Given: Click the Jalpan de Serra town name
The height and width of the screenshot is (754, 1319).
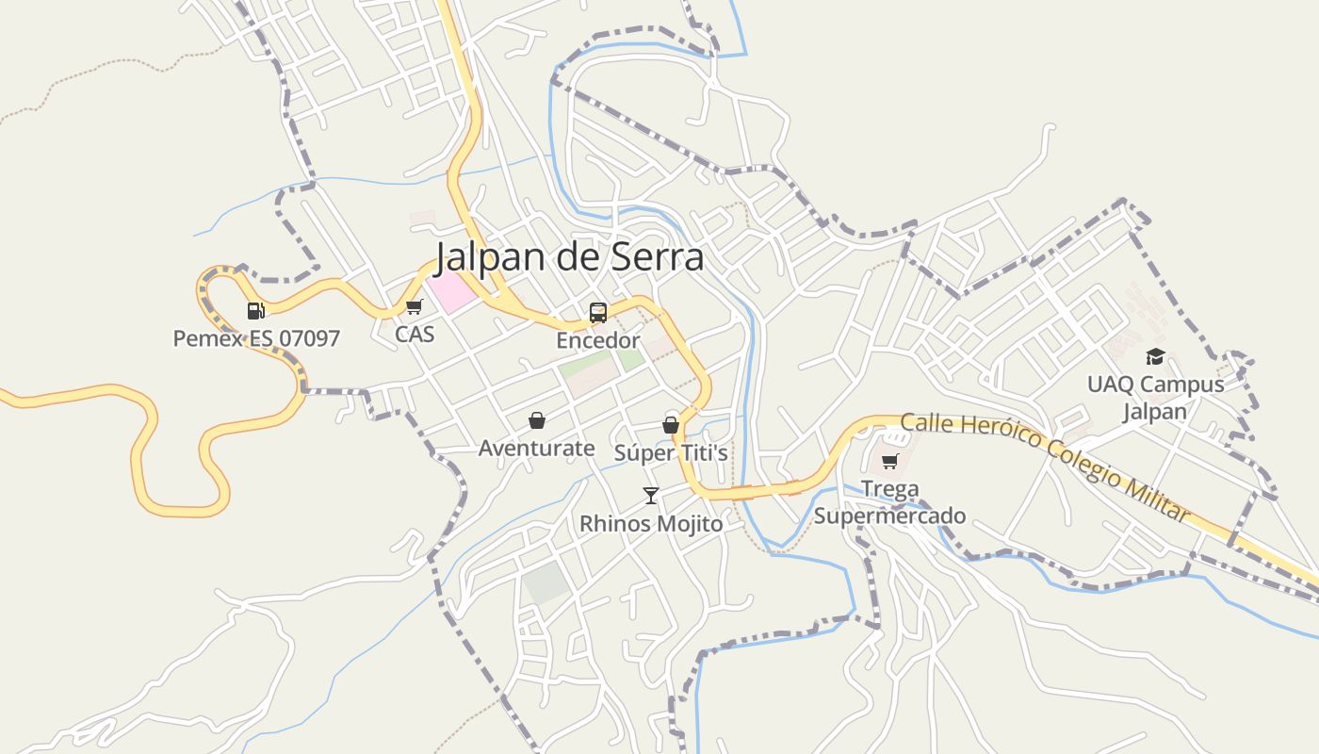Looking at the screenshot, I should (x=569, y=255).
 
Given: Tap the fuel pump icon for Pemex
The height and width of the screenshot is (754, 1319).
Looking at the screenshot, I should (x=255, y=310).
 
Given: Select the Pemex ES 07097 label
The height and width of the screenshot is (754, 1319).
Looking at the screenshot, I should (x=256, y=338).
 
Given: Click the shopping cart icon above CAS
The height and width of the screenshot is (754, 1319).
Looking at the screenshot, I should (x=414, y=306).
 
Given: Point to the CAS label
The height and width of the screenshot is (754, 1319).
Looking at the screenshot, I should (x=415, y=334).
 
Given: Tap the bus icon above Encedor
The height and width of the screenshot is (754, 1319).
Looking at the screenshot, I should (x=597, y=313).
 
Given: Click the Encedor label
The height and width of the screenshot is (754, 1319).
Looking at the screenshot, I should (x=597, y=340).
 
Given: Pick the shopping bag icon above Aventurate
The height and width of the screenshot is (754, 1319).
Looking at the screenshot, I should (x=537, y=420).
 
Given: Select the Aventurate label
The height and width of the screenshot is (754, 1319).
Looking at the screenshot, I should (x=536, y=448).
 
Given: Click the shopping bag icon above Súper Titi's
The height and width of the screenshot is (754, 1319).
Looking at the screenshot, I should (x=671, y=425).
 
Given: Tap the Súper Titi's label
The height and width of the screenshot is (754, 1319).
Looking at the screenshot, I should (x=671, y=453).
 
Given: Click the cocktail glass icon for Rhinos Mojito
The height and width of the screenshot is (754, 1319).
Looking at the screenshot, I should (x=650, y=496).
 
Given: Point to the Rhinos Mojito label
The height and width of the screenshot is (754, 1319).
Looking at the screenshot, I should (x=651, y=523).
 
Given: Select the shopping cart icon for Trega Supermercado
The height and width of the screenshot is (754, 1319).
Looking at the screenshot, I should (x=889, y=462).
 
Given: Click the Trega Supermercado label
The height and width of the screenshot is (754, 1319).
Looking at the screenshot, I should (x=889, y=502).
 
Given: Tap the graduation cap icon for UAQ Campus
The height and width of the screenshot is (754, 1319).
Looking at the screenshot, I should (x=1155, y=356).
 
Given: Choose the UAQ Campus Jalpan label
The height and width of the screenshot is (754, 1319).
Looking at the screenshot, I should (x=1155, y=398).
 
